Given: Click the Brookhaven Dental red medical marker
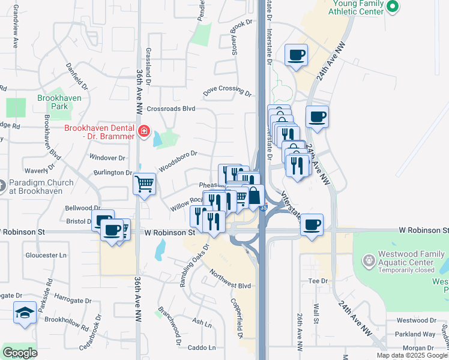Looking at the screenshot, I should [143, 131].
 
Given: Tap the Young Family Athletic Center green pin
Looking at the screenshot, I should [393, 7].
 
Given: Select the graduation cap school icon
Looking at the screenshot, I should [25, 313].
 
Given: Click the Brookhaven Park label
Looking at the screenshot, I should [55, 101].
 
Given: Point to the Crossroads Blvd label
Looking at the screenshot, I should [171, 109].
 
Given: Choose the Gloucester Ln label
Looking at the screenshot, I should [45, 255].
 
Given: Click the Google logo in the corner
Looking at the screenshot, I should [20, 353].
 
